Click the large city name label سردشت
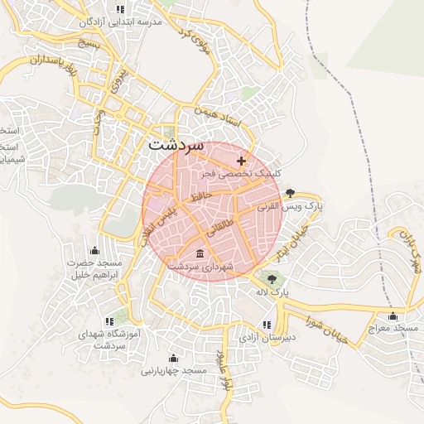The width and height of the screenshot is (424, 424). point(175,143)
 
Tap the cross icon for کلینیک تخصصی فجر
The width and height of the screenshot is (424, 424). point(241,161)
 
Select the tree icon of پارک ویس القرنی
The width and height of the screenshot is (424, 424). point(290,192)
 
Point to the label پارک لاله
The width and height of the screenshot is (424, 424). point(272,292)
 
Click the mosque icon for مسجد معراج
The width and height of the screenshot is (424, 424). point(393,316)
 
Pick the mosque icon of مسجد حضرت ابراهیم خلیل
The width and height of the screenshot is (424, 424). point(94,250)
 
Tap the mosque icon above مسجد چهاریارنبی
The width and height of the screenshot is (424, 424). point(173,358)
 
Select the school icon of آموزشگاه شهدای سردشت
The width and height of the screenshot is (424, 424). point(108,320)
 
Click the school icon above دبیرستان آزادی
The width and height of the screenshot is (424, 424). point(266,325)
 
